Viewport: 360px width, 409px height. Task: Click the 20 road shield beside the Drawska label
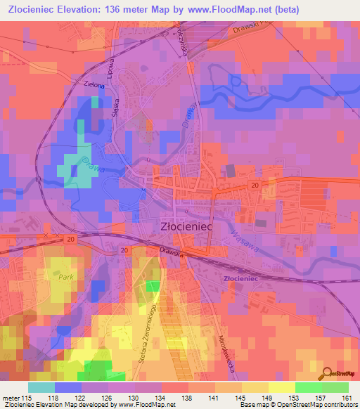point(124,249)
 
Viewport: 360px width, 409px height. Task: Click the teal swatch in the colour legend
point(41,387)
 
